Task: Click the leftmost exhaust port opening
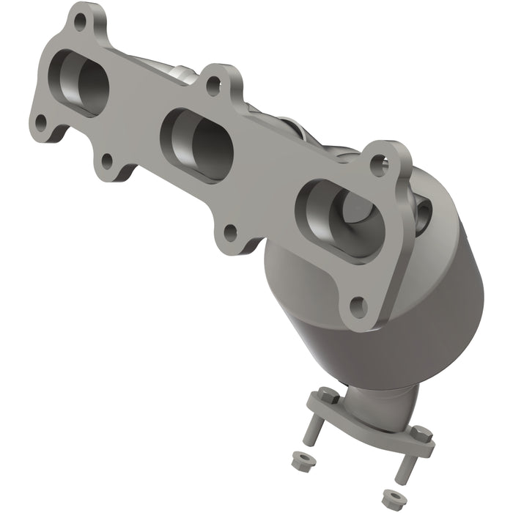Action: click(81, 82)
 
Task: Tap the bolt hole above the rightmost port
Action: click(378, 164)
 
